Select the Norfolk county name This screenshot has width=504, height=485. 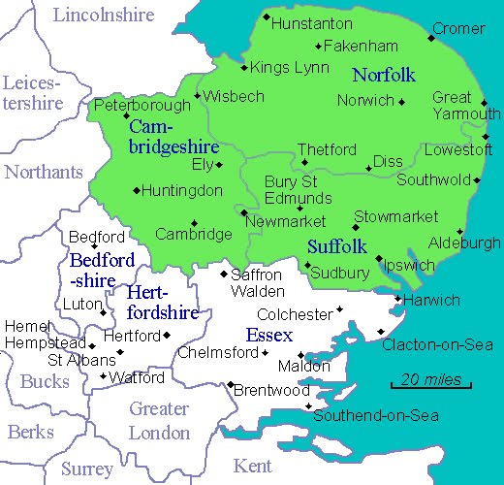tap(384, 75)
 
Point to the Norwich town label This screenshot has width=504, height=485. tap(365, 100)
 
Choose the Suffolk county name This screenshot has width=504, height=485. tap(336, 246)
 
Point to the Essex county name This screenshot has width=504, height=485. tap(268, 336)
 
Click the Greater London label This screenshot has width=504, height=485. tap(159, 420)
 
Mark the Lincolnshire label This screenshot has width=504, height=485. tap(104, 15)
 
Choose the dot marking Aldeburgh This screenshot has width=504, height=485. tap(460, 233)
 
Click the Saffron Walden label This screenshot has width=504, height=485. tap(257, 282)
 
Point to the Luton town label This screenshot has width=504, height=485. tap(82, 304)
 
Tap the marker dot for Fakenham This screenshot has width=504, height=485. tap(318, 47)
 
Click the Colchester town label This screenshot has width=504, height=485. tap(295, 314)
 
